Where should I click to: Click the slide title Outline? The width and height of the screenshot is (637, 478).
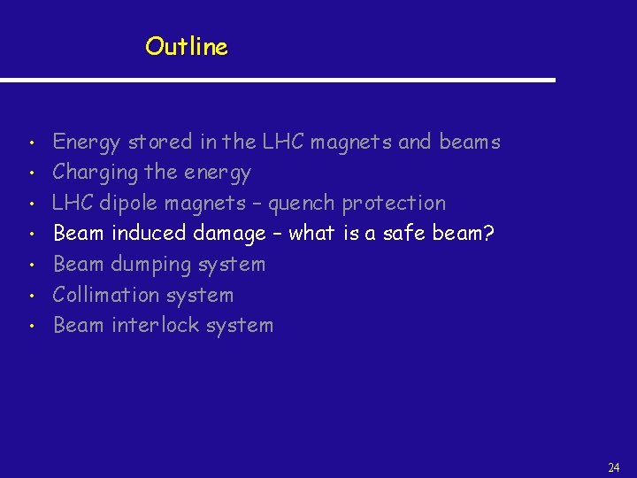click(x=187, y=46)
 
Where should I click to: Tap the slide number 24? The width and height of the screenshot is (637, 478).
click(x=614, y=467)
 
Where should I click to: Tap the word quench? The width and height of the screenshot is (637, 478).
click(x=302, y=204)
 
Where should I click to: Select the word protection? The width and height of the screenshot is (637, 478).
click(x=394, y=204)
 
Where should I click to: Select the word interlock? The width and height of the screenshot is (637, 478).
click(x=156, y=325)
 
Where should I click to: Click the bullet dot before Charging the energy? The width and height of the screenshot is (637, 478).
click(x=31, y=173)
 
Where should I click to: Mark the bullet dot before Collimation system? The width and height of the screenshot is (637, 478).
click(x=31, y=296)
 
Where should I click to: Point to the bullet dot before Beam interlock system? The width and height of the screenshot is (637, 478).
click(x=31, y=327)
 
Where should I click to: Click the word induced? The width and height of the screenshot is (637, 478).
click(x=143, y=234)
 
